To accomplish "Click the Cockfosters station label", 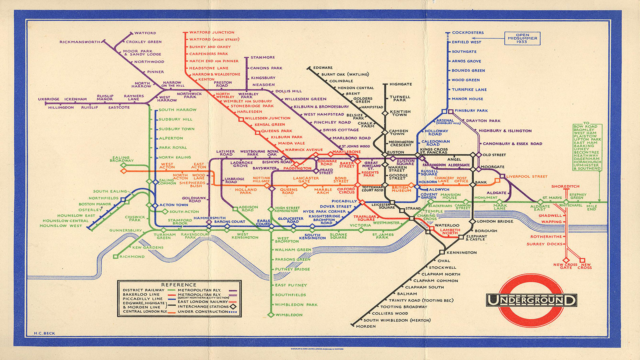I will (468, 33).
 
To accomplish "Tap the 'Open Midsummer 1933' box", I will (522, 38).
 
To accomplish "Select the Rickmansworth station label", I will (80, 42).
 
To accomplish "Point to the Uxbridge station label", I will (49, 99).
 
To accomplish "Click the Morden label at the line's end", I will (366, 326).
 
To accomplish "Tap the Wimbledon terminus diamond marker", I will (271, 315).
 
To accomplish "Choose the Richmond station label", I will (132, 257).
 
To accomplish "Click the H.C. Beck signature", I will (45, 333).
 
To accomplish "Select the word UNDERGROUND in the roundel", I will (531, 300).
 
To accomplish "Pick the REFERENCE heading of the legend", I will (179, 285).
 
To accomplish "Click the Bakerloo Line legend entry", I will (141, 294).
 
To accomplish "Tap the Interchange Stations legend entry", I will (203, 307).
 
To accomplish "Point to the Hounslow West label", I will (61, 226).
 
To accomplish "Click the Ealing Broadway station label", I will (122, 159).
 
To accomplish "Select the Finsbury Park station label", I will (471, 111).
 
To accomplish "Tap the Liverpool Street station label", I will (527, 176).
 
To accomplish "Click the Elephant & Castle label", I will (477, 238).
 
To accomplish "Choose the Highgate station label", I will (400, 84).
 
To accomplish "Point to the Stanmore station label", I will (262, 58).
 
